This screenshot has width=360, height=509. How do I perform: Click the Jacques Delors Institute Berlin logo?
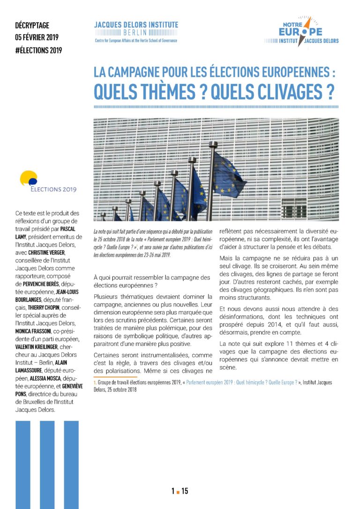pyautogui.click(x=136, y=32)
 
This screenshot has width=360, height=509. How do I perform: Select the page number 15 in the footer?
pyautogui.click(x=185, y=491)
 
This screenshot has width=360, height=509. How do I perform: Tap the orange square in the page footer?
pyautogui.click(x=178, y=492)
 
